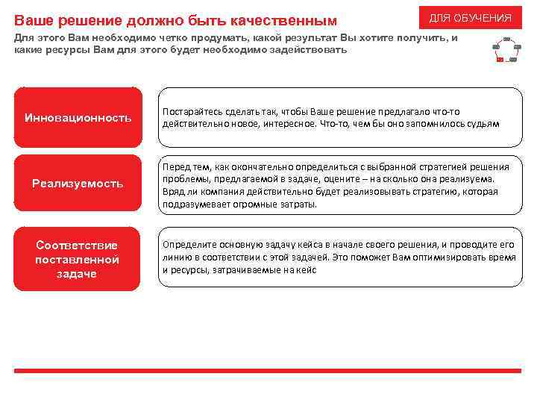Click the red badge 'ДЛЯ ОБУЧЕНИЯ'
[x=470, y=17]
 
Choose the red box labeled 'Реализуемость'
[x=78, y=184]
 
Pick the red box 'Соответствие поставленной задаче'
[x=78, y=259]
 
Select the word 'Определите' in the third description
[x=186, y=244]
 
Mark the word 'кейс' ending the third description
[x=306, y=269]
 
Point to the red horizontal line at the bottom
[x=268, y=371]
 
